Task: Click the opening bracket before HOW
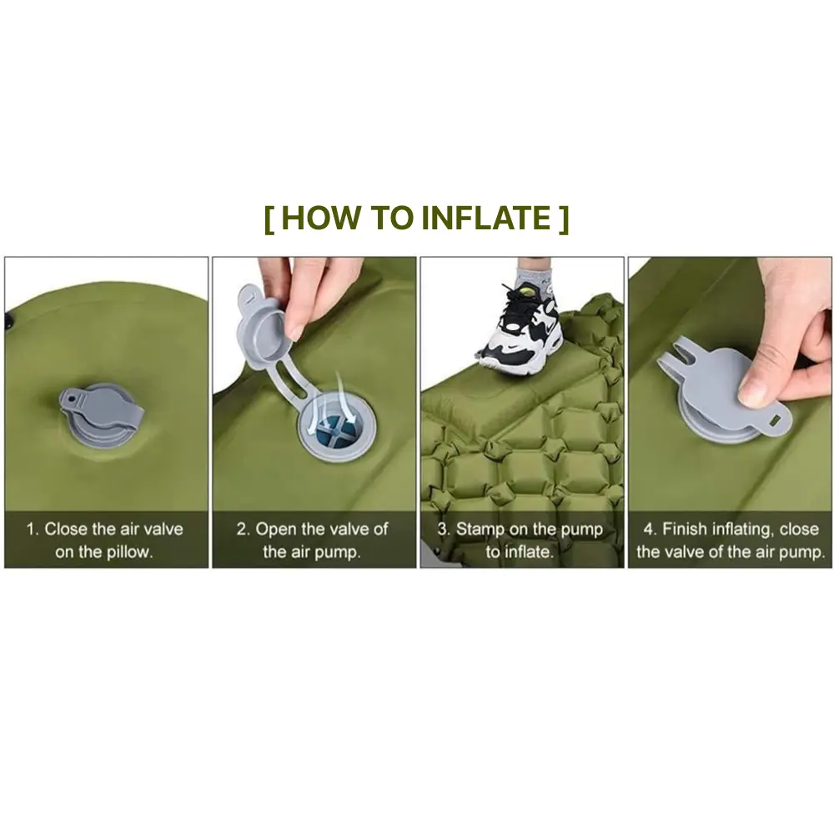pos(269,219)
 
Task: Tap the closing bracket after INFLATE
pos(564,219)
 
